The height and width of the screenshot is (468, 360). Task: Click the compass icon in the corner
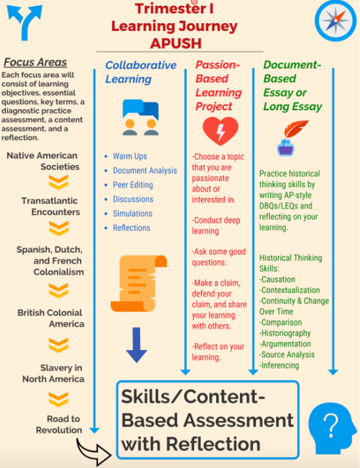(x=335, y=20)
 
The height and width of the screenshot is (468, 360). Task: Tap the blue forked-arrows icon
(x=25, y=23)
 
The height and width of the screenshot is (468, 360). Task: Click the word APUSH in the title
(x=175, y=44)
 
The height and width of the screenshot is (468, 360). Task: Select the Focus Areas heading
(x=35, y=62)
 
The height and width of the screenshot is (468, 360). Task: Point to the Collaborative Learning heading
(x=141, y=72)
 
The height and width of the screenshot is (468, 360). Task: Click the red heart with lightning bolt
(x=221, y=131)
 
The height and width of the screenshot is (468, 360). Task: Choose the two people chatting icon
(x=141, y=117)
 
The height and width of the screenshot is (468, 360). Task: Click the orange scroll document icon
(x=139, y=284)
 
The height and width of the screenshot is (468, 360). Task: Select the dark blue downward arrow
(x=136, y=345)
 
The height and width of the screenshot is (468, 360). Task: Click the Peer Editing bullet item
(x=133, y=185)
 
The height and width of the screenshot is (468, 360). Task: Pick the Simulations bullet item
(x=132, y=213)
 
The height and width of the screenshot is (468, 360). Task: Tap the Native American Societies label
(x=43, y=161)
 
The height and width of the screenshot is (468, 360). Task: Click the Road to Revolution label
(x=59, y=424)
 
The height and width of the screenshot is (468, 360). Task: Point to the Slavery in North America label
(x=53, y=373)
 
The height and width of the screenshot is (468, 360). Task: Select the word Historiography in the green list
(x=282, y=333)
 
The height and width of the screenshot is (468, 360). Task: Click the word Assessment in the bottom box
(x=239, y=420)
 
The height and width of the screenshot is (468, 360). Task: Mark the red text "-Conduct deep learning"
(x=216, y=226)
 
